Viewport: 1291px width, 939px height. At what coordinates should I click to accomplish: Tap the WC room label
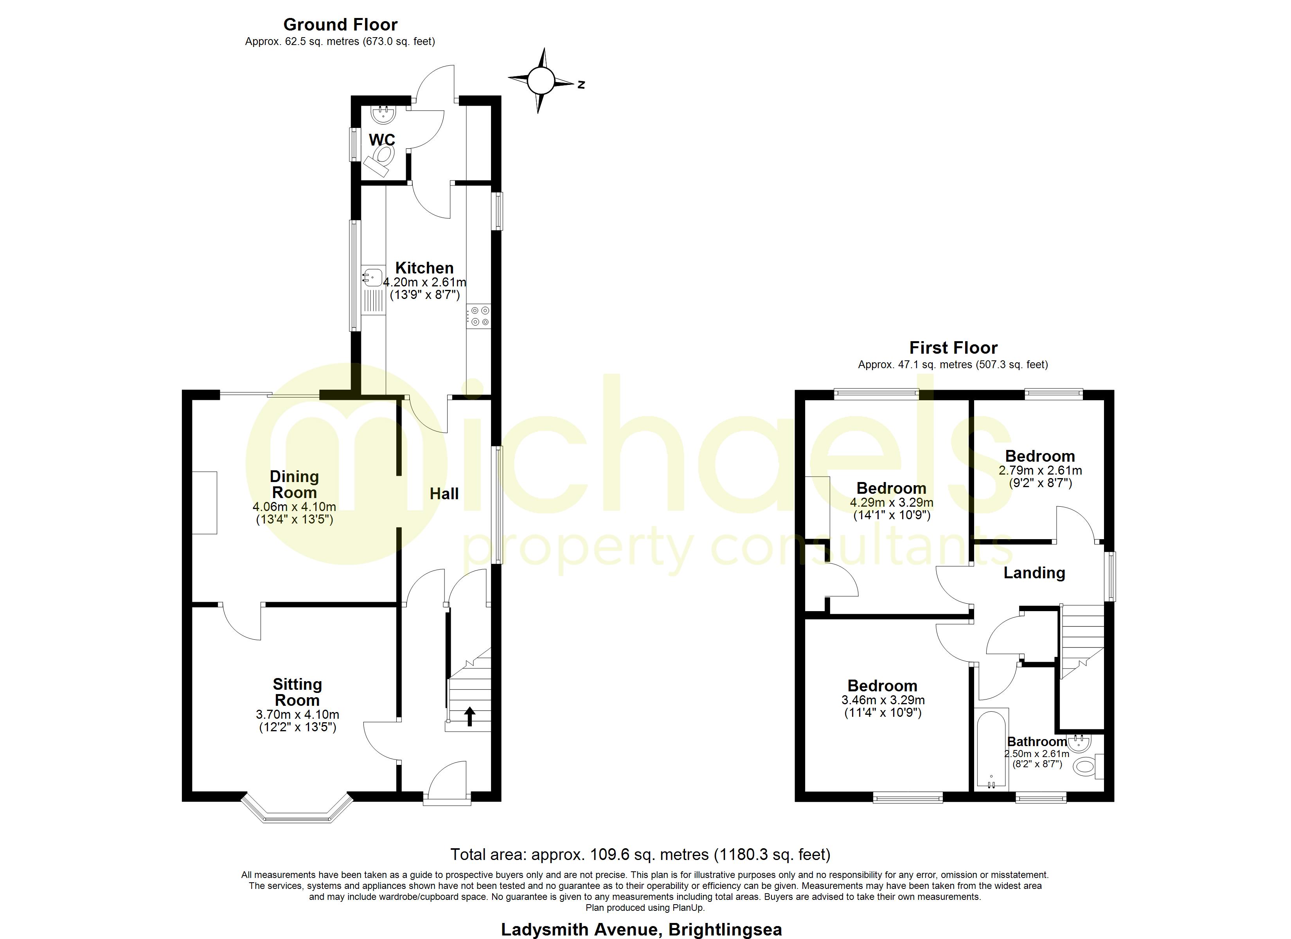pos(381,140)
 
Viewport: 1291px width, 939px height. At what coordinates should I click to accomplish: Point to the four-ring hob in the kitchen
pos(479,317)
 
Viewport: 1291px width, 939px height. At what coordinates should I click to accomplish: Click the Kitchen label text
pos(424,268)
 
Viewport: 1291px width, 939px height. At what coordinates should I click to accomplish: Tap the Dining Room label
pos(294,485)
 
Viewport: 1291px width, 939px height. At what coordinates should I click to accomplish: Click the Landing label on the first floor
pos(1034,573)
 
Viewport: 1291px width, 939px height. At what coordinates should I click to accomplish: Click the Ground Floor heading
pos(340,25)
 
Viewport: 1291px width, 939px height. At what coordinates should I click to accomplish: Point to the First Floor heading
pos(953,347)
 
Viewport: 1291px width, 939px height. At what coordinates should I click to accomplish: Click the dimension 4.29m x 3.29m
pos(892,503)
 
